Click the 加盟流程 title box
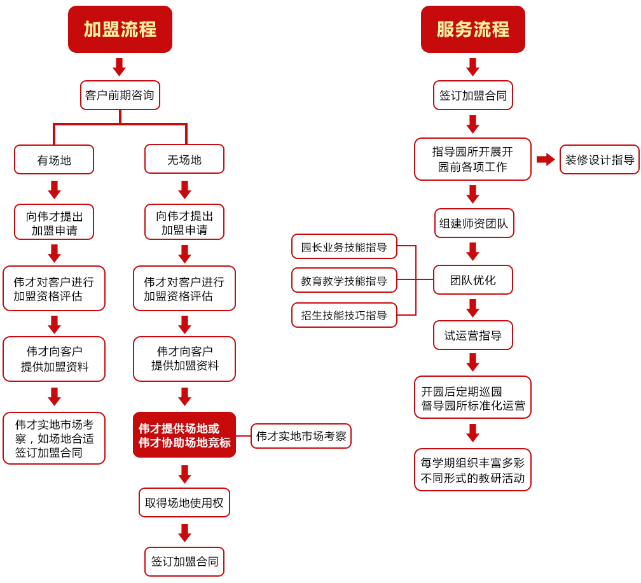click(120, 29)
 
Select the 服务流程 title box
click(472, 29)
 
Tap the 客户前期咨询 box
click(120, 95)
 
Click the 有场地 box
click(54, 160)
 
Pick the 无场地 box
click(184, 160)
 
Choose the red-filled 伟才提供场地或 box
click(184, 435)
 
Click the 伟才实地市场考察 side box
click(301, 436)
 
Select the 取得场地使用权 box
click(184, 503)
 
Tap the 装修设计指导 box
click(600, 159)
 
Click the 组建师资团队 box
click(474, 223)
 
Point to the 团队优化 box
click(473, 280)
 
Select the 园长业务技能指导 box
click(344, 247)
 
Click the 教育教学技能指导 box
click(344, 281)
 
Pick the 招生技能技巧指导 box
click(344, 315)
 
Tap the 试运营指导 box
click(473, 335)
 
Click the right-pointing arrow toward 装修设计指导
click(546, 159)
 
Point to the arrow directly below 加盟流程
click(119, 67)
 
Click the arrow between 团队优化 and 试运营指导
click(472, 308)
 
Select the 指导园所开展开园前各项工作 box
click(472, 159)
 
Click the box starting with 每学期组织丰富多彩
click(472, 470)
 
